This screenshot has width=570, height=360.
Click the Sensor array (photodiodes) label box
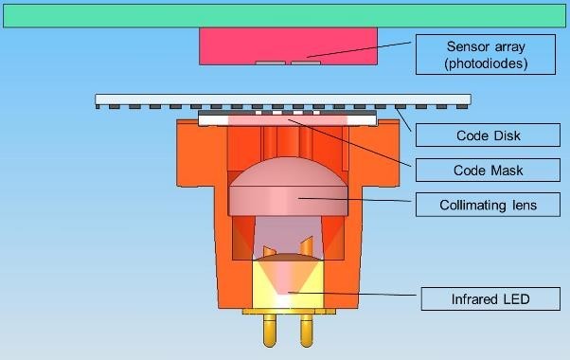pyautogui.click(x=486, y=55)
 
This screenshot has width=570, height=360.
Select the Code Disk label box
pyautogui.click(x=488, y=135)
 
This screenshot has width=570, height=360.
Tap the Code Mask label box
pyautogui.click(x=488, y=170)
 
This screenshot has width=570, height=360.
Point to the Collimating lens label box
pyautogui.click(x=488, y=205)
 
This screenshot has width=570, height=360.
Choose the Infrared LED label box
pyautogui.click(x=490, y=299)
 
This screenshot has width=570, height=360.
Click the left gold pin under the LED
pyautogui.click(x=269, y=331)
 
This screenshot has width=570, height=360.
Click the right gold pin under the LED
pyautogui.click(x=307, y=331)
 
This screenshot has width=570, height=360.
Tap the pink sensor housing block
pyautogui.click(x=288, y=46)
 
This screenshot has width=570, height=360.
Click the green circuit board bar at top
pyautogui.click(x=285, y=16)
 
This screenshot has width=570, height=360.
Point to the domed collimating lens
pyautogui.click(x=288, y=188)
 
